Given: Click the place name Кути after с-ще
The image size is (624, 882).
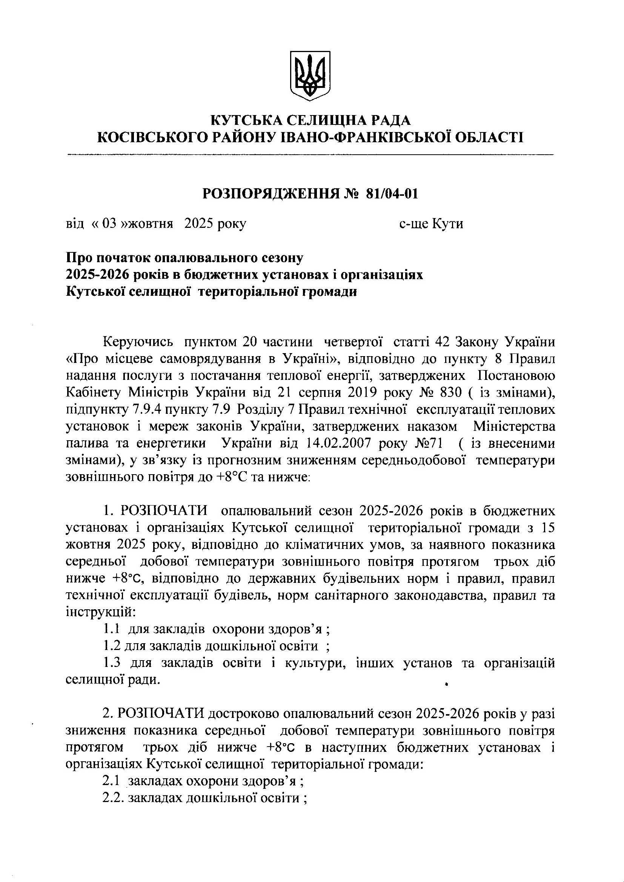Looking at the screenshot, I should [448, 223].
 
